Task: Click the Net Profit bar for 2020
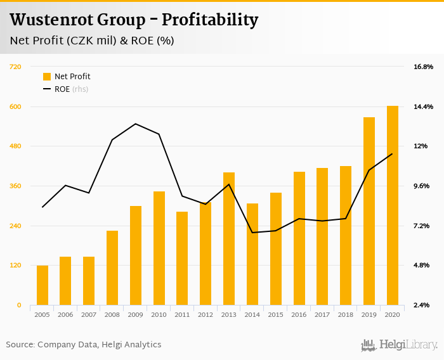click(x=393, y=205)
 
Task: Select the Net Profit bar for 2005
click(x=42, y=285)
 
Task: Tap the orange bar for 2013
click(x=229, y=238)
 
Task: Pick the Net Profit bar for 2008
click(x=112, y=267)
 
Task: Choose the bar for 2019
click(x=369, y=211)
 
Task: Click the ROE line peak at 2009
click(x=136, y=124)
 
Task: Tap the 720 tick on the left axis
click(x=15, y=67)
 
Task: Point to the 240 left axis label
click(x=15, y=226)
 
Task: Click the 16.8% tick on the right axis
click(x=423, y=67)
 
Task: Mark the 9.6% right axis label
click(x=423, y=186)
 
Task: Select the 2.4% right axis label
click(x=423, y=305)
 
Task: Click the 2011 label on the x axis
click(x=182, y=314)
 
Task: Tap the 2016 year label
click(x=299, y=314)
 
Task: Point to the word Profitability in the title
click(x=209, y=20)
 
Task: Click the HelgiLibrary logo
click(x=400, y=345)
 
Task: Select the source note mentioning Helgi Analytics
click(x=84, y=345)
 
